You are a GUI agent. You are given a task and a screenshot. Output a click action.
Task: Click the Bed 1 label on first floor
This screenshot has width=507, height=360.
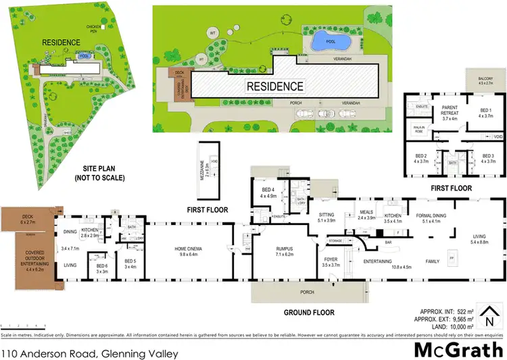tap(486, 113)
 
